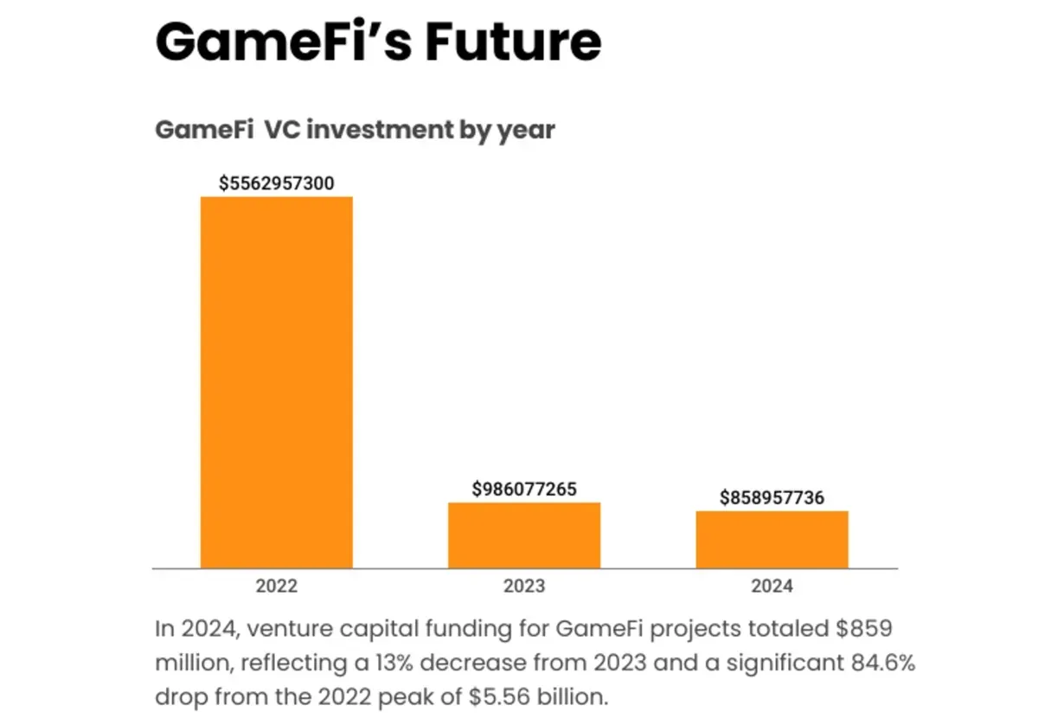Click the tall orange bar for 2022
[277, 381]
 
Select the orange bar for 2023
[524, 535]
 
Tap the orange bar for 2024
[772, 539]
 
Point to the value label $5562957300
[277, 183]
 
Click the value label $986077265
[524, 490]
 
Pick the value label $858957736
[772, 498]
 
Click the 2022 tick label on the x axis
[277, 586]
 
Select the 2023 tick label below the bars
[524, 586]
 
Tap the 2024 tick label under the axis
[772, 586]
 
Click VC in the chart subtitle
[284, 131]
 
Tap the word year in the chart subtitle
[525, 131]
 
